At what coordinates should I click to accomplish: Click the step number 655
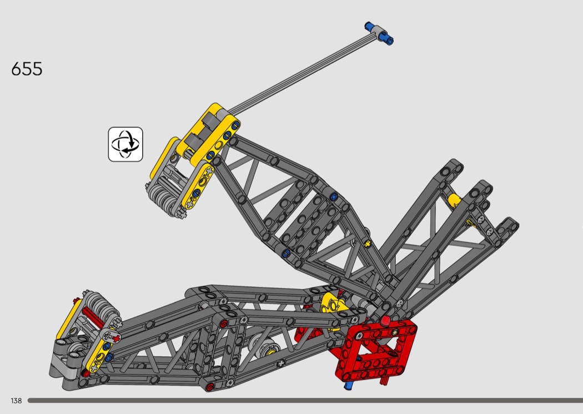coord(27,69)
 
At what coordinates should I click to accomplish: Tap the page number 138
coord(16,401)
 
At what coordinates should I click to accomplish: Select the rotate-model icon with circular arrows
coord(125,144)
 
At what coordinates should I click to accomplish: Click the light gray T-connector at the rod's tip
coord(379,33)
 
